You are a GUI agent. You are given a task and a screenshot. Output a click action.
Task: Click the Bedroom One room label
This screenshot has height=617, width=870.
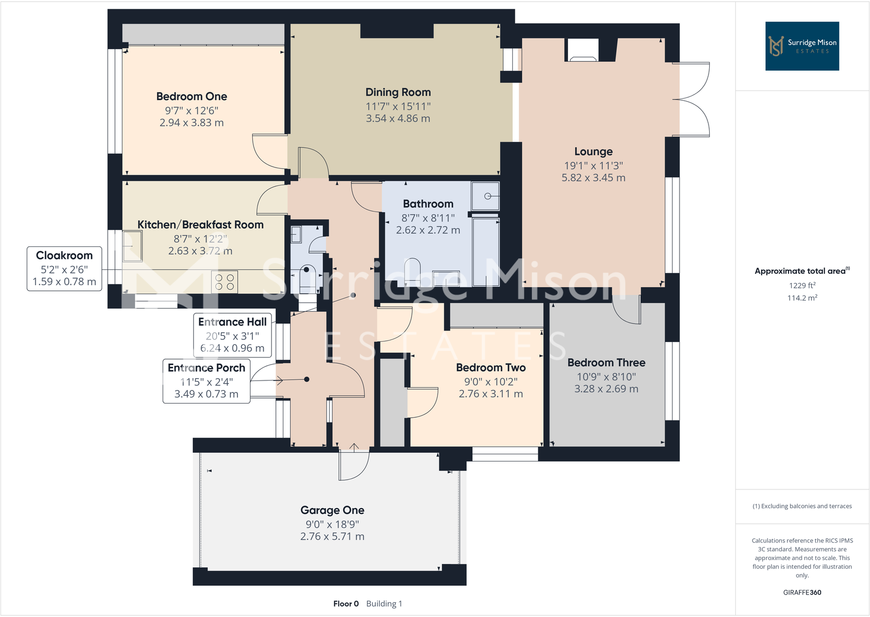point(192,96)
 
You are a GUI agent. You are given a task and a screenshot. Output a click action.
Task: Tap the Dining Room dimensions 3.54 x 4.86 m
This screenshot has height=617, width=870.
point(398,118)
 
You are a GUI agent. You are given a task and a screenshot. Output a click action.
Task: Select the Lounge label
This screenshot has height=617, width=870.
point(593,152)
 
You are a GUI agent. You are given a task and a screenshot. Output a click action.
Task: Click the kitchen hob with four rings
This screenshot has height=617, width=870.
point(224,281)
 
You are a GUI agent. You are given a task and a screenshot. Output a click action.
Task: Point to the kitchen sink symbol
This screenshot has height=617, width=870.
point(132,246)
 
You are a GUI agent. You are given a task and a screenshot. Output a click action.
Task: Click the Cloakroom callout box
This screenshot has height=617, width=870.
point(64,268)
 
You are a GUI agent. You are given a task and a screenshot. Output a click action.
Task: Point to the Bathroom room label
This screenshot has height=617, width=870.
point(428,204)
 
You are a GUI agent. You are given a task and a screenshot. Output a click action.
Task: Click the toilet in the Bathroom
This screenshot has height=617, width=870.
point(411,272)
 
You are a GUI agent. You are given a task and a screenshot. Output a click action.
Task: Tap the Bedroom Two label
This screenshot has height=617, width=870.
point(491,367)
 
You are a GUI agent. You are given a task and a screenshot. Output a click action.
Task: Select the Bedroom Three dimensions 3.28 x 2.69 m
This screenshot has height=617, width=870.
point(606,389)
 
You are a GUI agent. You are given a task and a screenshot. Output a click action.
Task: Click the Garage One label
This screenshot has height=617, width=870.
point(332,510)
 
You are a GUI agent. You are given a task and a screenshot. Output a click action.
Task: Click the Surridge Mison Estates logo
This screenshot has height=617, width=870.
point(802,46)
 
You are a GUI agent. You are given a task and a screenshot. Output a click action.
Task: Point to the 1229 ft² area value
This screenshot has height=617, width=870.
point(802,285)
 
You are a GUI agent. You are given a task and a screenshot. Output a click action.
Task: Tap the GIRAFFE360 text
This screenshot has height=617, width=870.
point(802,592)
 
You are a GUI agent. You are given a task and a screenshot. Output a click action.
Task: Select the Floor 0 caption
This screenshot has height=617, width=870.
point(346,603)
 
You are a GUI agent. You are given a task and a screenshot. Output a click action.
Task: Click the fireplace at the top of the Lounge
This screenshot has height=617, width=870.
point(582,50)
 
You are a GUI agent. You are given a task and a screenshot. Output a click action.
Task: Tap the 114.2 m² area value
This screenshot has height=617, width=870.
point(802,298)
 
